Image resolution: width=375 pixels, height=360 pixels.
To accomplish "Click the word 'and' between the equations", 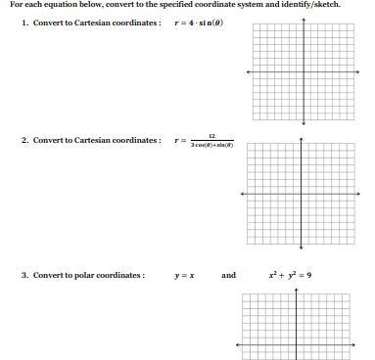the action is tap(228, 275).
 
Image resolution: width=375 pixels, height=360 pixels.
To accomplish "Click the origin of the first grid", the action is tap(303, 71).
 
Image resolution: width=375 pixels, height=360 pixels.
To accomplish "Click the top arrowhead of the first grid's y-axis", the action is tap(303, 21).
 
